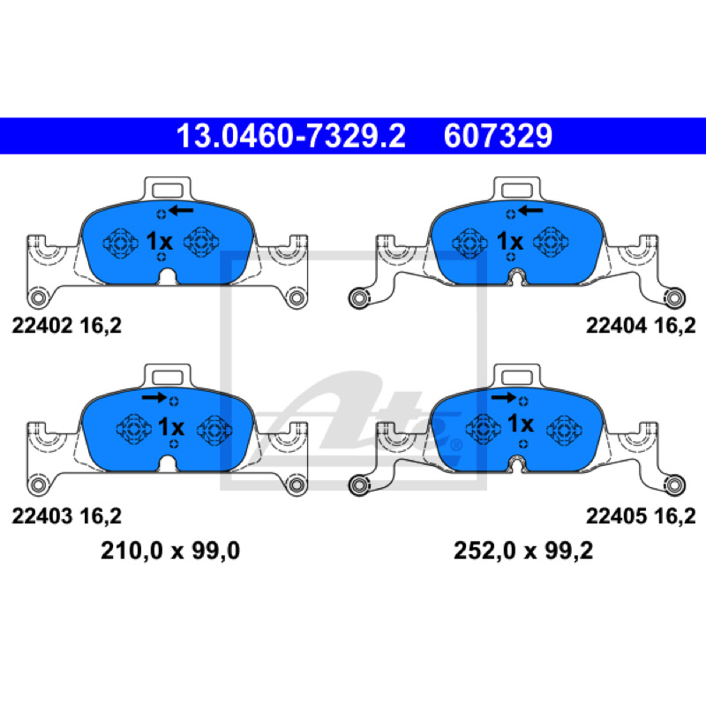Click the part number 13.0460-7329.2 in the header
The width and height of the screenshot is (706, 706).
coord(291,136)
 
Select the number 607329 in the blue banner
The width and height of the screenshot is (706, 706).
coord(498,136)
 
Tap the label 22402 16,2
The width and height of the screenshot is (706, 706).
coord(67,326)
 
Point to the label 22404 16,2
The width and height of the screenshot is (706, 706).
coord(641,326)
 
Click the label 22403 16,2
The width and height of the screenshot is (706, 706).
coord(67,516)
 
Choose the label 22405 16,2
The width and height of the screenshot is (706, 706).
coord(641,516)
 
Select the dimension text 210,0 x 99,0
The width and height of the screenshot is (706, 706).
coord(170,551)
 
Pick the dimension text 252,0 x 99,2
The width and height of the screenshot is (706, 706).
coord(523,551)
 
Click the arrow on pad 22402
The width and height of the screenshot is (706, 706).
coord(181,210)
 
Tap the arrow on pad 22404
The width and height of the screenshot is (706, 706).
coord(530,210)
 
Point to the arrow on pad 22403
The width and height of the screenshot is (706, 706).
coord(154,397)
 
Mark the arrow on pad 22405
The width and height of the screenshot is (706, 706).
coord(503,397)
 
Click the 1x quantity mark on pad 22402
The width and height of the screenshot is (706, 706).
coord(160,241)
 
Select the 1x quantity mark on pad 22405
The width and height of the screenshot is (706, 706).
coord(521,424)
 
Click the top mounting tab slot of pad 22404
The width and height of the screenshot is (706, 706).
coord(517,191)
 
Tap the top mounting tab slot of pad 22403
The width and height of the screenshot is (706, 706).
coord(168,378)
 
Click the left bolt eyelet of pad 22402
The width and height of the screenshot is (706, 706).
coord(38,297)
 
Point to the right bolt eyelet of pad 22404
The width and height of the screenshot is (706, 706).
coord(674,298)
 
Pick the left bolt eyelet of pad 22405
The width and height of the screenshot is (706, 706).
coord(359,485)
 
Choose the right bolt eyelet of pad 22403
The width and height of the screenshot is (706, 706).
coord(297,484)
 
